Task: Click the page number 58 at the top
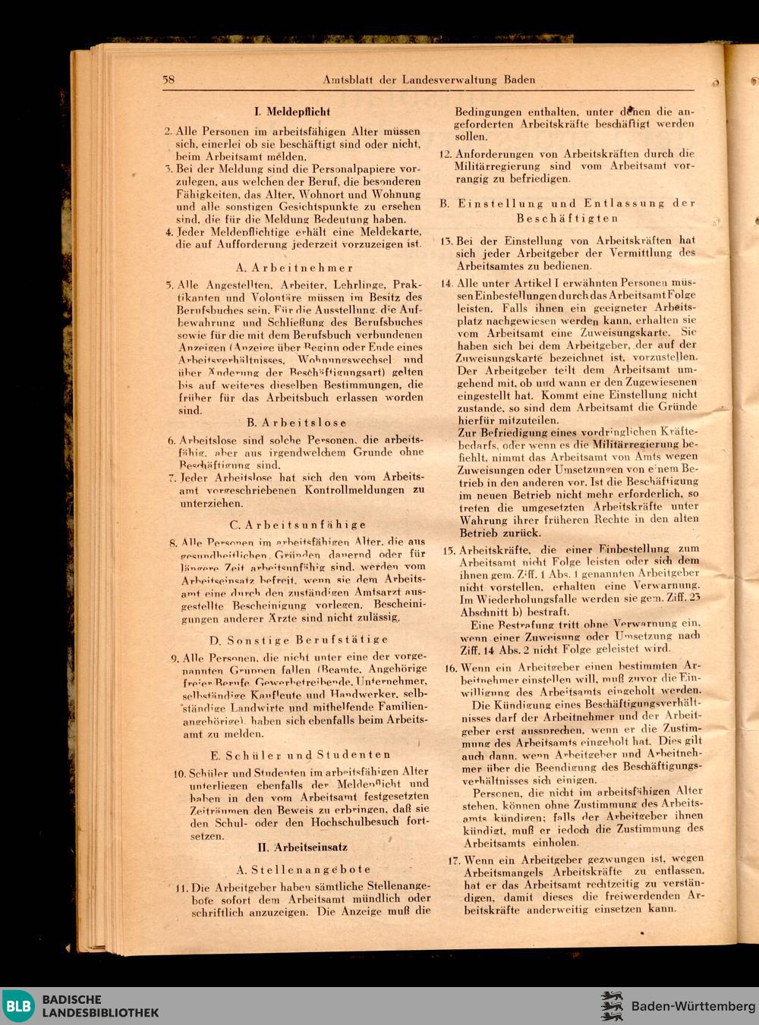click(168, 80)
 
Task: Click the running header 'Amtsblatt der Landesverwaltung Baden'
click(429, 80)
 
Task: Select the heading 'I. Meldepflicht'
click(292, 112)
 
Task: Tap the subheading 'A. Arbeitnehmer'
click(294, 268)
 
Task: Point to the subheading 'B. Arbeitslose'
click(297, 423)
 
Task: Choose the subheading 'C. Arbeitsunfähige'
click(298, 524)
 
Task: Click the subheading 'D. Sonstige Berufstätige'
click(299, 640)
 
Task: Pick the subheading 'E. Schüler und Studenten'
click(301, 755)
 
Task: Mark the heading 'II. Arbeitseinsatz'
click(302, 847)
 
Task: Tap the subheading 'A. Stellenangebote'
click(304, 869)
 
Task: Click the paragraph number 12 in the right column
click(446, 154)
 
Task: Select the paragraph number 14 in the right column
click(447, 283)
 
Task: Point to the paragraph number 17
click(453, 860)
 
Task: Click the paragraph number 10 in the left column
click(180, 774)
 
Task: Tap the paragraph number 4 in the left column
click(169, 232)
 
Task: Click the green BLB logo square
click(18, 1006)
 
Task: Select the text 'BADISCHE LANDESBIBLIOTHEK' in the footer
click(100, 1006)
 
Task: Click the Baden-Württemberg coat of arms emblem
click(612, 1006)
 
